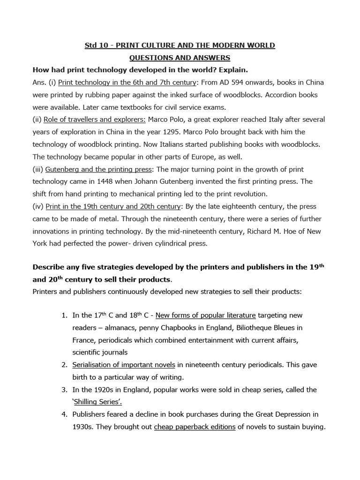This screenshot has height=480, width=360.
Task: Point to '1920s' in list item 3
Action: pos(101,389)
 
